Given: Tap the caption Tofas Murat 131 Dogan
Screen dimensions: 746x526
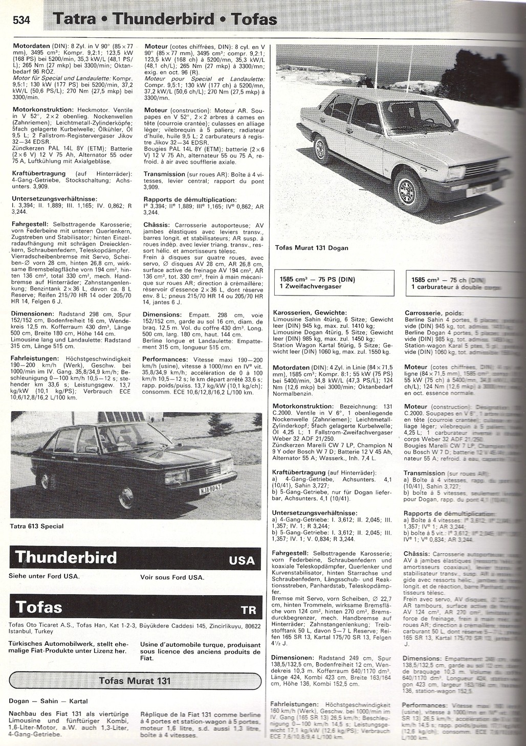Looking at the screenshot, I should pyautogui.click(x=311, y=248).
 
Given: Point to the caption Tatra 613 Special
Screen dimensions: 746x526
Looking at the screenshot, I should pyautogui.click(x=36, y=525).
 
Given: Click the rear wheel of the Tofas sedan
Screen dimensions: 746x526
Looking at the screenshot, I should pyautogui.click(x=323, y=146).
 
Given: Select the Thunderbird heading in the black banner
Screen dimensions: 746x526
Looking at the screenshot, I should pyautogui.click(x=67, y=557).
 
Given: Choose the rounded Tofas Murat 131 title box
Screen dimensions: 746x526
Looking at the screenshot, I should pyautogui.click(x=135, y=681).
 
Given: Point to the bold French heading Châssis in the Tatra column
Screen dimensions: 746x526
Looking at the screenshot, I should pyautogui.click(x=158, y=224).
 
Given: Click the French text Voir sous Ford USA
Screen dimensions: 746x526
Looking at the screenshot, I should pyautogui.click(x=172, y=577).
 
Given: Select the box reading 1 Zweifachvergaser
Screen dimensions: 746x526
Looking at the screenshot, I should pyautogui.click(x=311, y=286).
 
